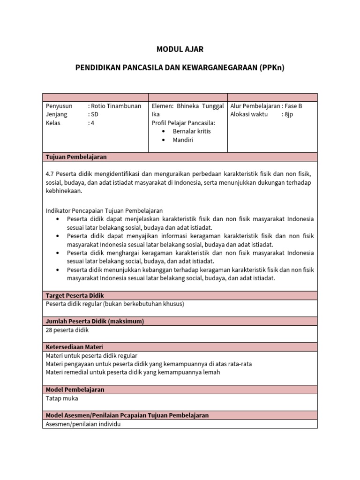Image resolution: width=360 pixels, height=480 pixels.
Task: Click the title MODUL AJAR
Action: point(180,49)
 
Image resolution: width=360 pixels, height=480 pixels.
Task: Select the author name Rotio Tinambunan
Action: point(116,106)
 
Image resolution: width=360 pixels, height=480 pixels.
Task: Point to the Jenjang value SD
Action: point(95,114)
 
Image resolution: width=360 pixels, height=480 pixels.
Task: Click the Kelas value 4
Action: point(92,123)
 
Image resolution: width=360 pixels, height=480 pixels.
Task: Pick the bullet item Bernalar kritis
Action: point(192,131)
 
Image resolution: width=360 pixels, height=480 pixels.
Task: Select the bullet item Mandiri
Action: point(183,140)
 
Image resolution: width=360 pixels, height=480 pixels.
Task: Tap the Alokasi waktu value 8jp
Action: point(288,114)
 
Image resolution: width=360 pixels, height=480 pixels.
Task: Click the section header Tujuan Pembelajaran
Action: point(76,157)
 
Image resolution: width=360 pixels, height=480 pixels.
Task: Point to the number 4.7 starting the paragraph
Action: point(50,173)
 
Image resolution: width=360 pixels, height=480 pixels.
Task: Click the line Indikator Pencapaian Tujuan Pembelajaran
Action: point(104,210)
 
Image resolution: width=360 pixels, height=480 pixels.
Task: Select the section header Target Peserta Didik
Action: point(75,295)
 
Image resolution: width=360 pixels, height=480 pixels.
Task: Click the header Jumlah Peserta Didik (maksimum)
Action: point(94,321)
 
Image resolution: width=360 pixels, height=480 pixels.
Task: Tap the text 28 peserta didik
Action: point(67,330)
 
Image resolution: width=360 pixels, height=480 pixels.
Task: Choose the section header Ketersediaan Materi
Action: point(77,347)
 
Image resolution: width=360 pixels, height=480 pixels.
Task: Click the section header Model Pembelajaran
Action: point(75,390)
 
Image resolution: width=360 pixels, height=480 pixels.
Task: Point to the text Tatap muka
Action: point(62,398)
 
